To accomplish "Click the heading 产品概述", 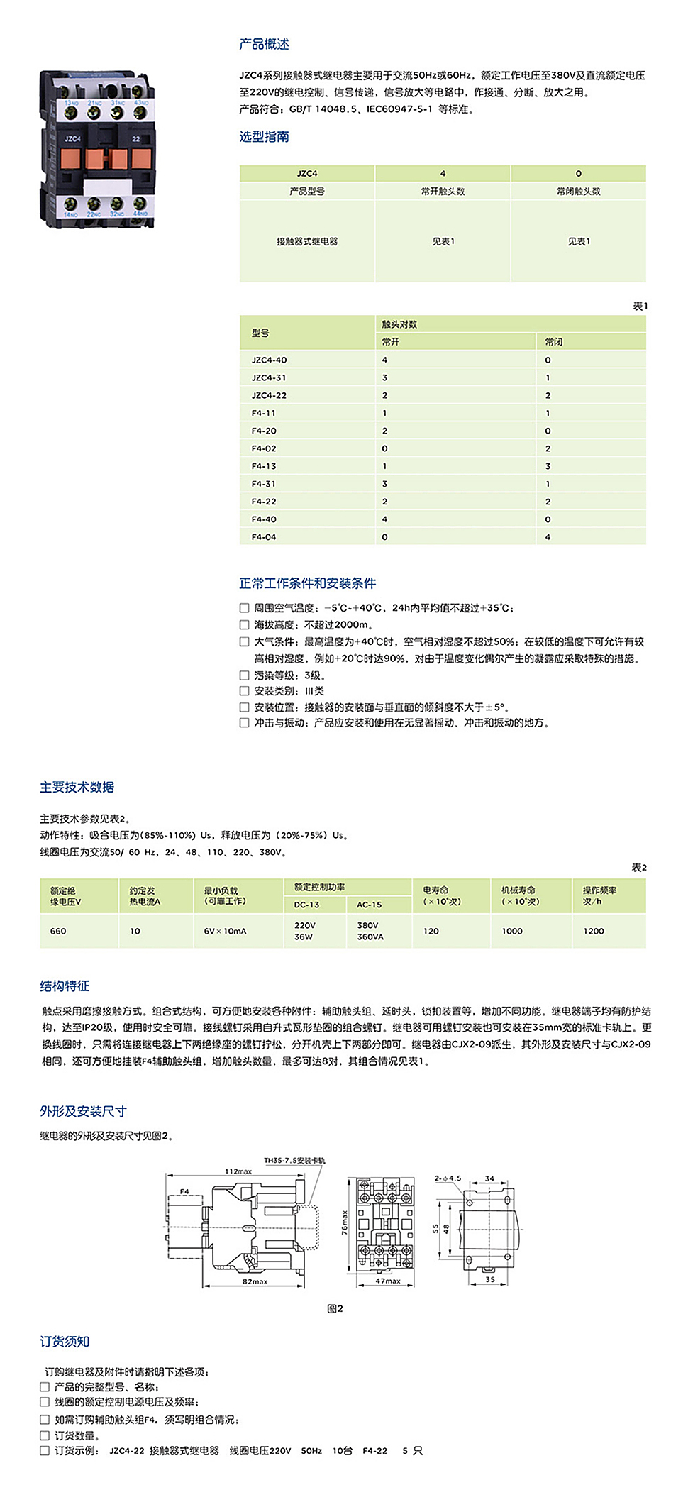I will (264, 44).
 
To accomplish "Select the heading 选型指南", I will (264, 137).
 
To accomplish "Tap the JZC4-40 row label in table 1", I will (269, 360).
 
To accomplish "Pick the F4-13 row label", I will (264, 466).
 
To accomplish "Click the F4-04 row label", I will (264, 537).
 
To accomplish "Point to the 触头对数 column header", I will (399, 324).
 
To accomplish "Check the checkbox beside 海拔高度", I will (244, 625).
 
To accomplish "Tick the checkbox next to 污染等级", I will (244, 675).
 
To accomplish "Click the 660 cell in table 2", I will (58, 931).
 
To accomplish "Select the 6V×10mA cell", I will (225, 931).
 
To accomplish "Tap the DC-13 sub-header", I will (306, 905).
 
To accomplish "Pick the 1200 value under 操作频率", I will (594, 931).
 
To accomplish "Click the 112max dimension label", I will (238, 1171).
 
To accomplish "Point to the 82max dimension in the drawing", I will (255, 1281).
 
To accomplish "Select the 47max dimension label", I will (388, 1281).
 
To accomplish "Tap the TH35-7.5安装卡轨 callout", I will (294, 1161).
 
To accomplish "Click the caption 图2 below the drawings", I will (335, 1308).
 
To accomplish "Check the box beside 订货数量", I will (45, 1435).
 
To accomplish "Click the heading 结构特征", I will (65, 986).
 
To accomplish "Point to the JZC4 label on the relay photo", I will (72, 139).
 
